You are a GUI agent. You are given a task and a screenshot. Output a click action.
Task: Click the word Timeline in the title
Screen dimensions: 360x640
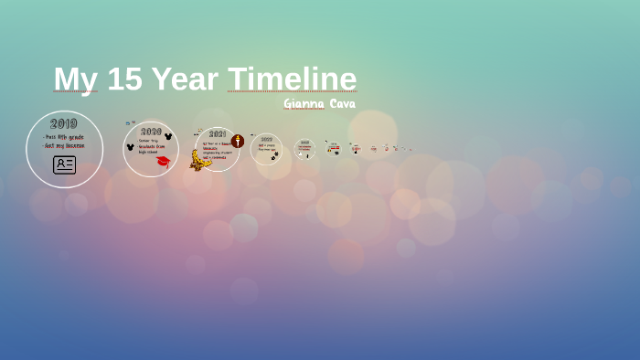[x=292, y=79]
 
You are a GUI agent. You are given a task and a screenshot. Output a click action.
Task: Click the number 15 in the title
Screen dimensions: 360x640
[x=124, y=79]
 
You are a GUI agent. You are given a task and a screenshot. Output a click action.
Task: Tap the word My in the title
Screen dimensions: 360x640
[x=75, y=79]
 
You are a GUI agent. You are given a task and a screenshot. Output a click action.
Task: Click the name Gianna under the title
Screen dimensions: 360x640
[x=304, y=104]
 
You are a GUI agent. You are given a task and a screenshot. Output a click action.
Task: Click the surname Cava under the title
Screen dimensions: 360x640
[x=342, y=104]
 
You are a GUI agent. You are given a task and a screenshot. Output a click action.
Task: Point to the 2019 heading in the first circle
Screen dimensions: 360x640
[x=64, y=123]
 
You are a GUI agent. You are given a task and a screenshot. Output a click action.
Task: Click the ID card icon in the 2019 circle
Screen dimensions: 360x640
[x=64, y=165]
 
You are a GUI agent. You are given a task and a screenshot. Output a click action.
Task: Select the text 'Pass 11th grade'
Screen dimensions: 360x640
[x=64, y=137]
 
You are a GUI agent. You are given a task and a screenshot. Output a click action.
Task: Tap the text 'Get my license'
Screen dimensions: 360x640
[x=64, y=146]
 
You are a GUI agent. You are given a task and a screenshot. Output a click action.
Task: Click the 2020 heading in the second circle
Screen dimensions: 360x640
[x=151, y=132]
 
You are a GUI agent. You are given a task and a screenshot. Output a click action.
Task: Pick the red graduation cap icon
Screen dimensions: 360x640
[x=163, y=161]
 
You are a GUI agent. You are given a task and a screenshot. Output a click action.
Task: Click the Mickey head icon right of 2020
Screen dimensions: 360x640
[x=168, y=135]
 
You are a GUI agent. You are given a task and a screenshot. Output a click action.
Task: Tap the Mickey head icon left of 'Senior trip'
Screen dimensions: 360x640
[x=130, y=146]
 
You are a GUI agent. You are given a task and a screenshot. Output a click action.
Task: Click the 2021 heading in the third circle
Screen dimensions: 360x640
[x=218, y=134]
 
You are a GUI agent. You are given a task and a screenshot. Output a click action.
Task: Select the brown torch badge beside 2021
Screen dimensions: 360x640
[x=238, y=141]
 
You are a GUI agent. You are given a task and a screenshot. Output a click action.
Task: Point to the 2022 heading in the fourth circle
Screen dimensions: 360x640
[x=266, y=140]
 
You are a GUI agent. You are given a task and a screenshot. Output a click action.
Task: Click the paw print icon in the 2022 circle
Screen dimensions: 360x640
[x=273, y=156]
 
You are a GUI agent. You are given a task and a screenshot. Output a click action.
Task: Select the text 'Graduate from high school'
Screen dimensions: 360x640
[x=151, y=149]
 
